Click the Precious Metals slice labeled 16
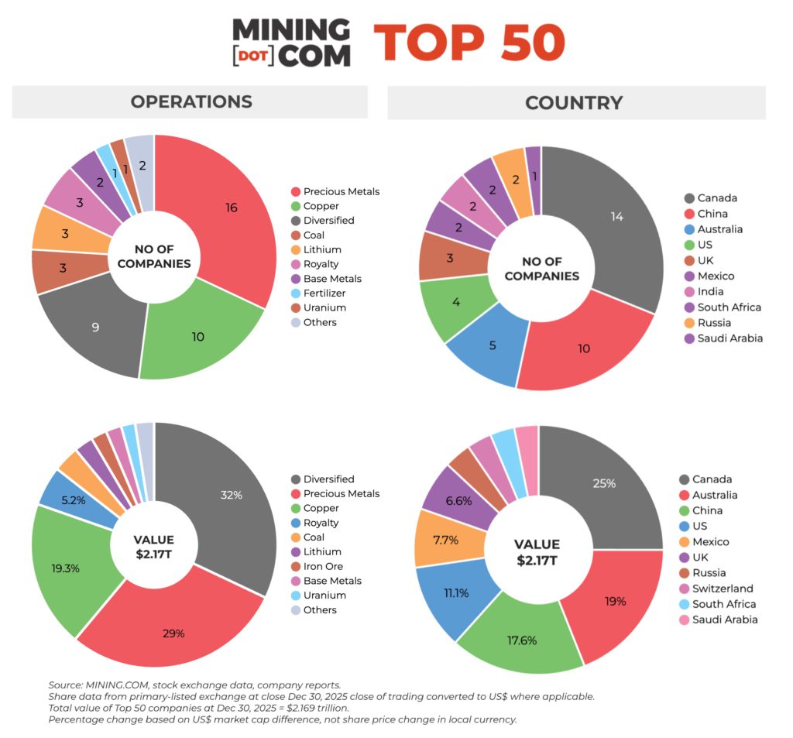click(231, 208)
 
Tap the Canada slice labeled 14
click(616, 217)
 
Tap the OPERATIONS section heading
click(191, 102)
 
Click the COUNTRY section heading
click(574, 102)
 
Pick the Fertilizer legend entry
click(324, 293)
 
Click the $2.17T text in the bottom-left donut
click(153, 554)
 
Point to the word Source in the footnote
click(65, 685)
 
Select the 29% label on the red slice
click(173, 633)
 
